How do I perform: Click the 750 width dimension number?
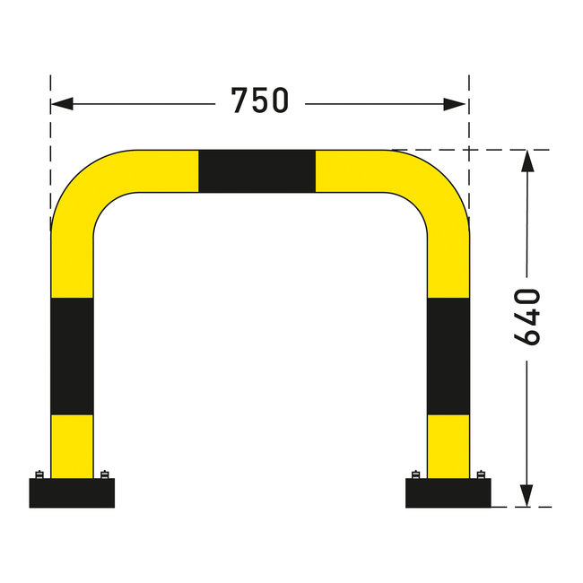point(260,100)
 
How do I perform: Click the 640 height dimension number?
point(527,316)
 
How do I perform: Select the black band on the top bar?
point(257,171)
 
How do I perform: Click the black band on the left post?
point(72,356)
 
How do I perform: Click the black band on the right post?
point(448,356)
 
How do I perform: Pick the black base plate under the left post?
point(72,493)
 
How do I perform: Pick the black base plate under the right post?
point(448,493)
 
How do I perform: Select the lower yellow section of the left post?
point(72,446)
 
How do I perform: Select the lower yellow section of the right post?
point(448,446)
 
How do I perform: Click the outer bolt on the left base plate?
point(39,474)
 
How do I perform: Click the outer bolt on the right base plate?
point(482,474)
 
